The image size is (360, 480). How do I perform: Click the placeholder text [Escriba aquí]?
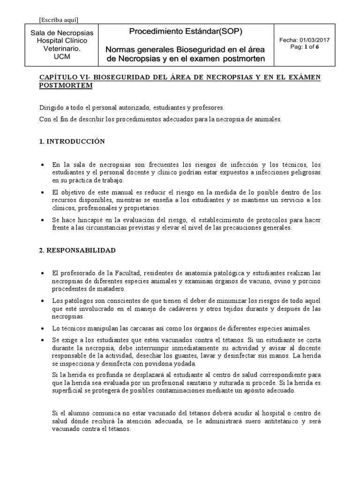point(59,19)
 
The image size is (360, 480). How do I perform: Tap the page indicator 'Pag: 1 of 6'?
point(305,47)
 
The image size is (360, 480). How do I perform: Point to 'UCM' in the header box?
point(61,57)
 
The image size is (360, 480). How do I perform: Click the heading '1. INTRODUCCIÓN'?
point(72,141)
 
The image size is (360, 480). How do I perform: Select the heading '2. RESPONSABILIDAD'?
point(77,251)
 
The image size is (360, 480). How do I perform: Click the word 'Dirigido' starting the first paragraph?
point(50,107)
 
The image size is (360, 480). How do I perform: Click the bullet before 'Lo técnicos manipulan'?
point(43,328)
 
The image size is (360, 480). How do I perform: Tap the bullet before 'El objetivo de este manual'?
point(43,192)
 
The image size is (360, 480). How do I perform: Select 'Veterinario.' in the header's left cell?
point(61,49)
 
